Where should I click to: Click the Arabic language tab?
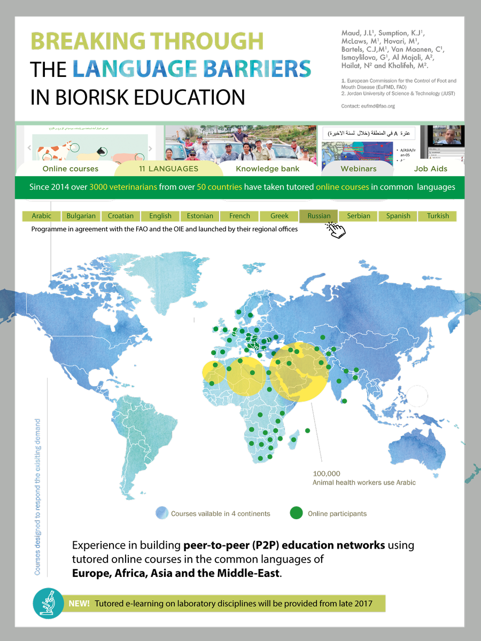pyautogui.click(x=42, y=216)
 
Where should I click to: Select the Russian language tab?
pyautogui.click(x=319, y=216)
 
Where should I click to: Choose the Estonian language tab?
pyautogui.click(x=200, y=216)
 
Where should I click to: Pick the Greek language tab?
pyautogui.click(x=280, y=216)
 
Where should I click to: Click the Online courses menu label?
pyautogui.click(x=71, y=169)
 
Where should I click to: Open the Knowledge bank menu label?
pyautogui.click(x=268, y=169)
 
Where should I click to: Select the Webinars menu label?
pyautogui.click(x=359, y=169)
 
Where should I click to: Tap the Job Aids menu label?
pyautogui.click(x=431, y=169)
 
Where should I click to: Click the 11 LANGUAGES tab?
pyautogui.click(x=169, y=169)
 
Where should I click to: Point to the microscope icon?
pyautogui.click(x=49, y=604)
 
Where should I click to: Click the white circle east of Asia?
pyautogui.click(x=417, y=396)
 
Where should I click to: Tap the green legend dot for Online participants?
pyautogui.click(x=296, y=513)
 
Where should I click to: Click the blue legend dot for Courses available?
pyautogui.click(x=162, y=513)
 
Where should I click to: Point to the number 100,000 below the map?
pyautogui.click(x=327, y=474)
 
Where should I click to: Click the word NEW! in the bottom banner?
pyautogui.click(x=79, y=604)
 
